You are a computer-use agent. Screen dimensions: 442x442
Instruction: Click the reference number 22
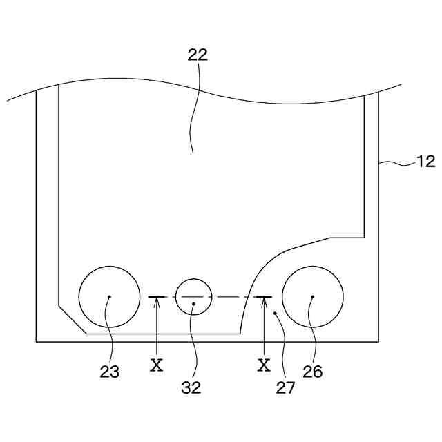198,56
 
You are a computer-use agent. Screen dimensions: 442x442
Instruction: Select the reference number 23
109,371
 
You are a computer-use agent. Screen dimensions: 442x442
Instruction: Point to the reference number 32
191,387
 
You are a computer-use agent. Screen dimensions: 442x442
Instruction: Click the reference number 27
286,387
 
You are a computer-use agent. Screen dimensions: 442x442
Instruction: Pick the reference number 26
312,371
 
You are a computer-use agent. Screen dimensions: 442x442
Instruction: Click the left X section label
157,365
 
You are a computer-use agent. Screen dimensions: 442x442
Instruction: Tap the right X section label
264,365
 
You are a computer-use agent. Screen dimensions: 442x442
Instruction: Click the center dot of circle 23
109,297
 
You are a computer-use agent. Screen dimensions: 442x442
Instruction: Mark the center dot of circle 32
193,303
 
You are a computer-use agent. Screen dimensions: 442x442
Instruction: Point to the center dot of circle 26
312,297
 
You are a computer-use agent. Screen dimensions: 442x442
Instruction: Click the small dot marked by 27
275,313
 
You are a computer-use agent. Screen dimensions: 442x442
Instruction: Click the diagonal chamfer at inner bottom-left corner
73,319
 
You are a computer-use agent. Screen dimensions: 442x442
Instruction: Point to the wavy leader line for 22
195,110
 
